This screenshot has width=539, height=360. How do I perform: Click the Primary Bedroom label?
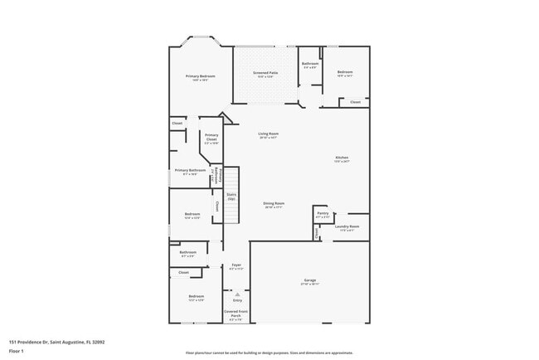click(x=200, y=76)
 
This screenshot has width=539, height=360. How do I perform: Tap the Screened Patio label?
click(x=265, y=73)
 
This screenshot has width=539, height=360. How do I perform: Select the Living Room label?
click(x=268, y=134)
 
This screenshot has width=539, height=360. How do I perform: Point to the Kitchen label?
click(x=342, y=158)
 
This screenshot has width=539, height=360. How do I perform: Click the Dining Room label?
click(x=274, y=203)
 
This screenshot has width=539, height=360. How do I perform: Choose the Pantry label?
click(x=323, y=213)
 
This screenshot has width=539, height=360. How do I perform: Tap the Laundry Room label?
click(x=347, y=226)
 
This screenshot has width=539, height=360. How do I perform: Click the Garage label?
click(x=309, y=280)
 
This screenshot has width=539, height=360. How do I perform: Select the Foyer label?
click(x=236, y=265)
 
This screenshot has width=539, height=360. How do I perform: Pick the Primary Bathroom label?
click(x=190, y=171)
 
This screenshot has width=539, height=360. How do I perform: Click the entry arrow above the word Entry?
click(x=236, y=294)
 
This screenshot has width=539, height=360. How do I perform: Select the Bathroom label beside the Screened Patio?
click(x=310, y=64)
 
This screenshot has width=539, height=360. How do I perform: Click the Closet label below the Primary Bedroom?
click(x=177, y=124)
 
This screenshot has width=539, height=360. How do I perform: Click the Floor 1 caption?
click(x=17, y=349)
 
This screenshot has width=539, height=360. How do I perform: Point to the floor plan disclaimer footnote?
click(x=269, y=353)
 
